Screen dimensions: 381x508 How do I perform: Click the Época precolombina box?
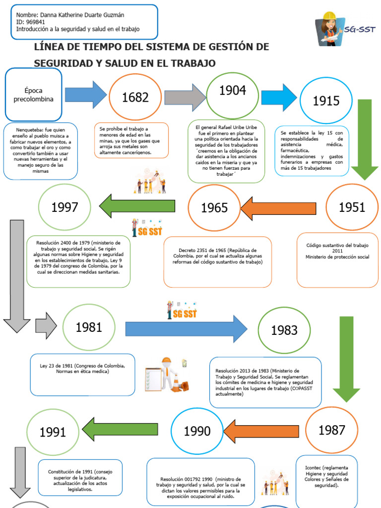click(33, 95)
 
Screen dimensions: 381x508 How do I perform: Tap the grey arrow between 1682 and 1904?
click(185, 97)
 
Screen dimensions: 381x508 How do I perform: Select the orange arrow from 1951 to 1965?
click(278, 208)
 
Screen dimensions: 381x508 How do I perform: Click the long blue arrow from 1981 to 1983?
click(187, 329)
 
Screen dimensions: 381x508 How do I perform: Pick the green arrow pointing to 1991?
click(120, 430)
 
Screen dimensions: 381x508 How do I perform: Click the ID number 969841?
click(35, 22)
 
